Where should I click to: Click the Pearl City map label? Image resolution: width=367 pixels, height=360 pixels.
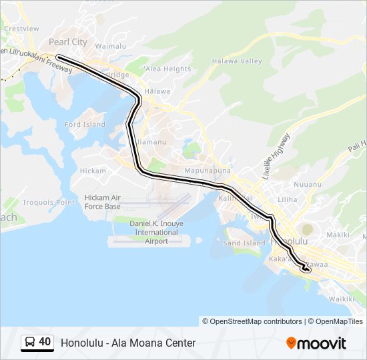pos(68,41)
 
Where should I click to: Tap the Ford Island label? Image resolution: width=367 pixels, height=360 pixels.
pos(85,125)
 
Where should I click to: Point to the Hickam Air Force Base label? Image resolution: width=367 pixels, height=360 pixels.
pos(103,202)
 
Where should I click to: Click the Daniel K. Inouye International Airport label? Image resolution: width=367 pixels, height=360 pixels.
pos(156,231)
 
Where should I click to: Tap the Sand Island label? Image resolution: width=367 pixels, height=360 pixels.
pos(244,243)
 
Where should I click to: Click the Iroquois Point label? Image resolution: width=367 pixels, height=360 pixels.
pos(49,202)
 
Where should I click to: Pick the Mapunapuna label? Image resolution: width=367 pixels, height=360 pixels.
pos(207,171)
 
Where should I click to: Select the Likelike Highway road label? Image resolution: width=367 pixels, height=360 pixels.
pos(276,156)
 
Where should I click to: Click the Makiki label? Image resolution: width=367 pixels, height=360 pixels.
pos(338,235)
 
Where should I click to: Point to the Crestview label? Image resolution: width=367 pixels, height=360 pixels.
pos(21,29)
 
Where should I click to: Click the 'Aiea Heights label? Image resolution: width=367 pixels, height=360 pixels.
pos(167,69)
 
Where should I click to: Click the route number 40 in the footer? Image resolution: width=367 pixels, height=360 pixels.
pos(45,342)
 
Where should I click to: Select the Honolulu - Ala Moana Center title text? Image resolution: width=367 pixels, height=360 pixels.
pos(128,343)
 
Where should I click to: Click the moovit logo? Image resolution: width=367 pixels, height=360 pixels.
pos(316,343)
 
